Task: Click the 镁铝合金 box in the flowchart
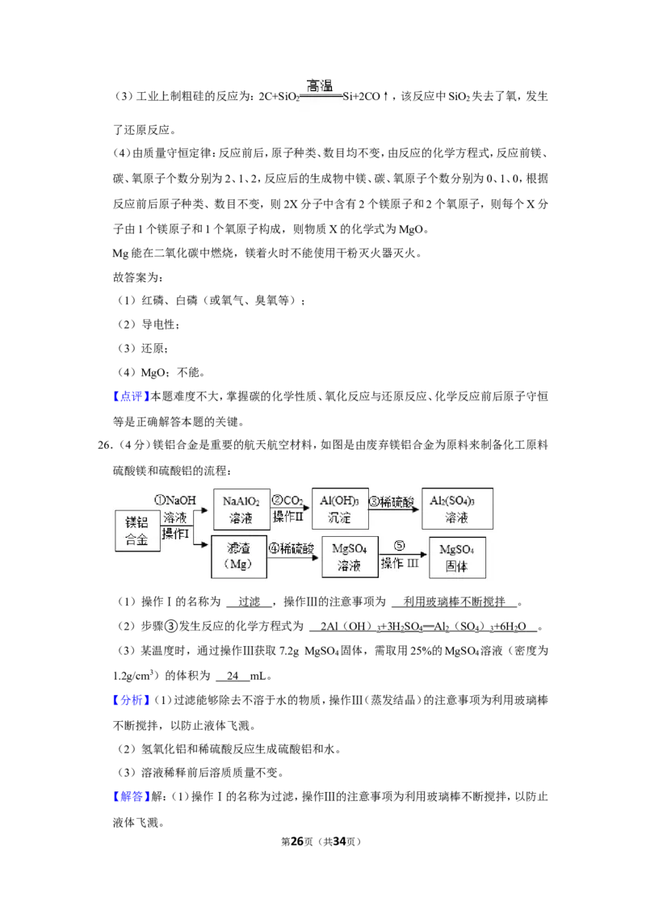coord(137,531)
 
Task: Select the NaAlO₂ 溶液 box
coord(241,509)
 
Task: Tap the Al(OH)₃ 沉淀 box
coord(340,509)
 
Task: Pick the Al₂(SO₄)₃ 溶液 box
coord(457,509)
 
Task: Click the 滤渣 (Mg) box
coord(239,556)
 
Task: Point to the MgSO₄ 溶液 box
coord(350,556)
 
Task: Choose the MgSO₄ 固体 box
coord(457,557)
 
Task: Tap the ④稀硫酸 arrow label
coord(292,548)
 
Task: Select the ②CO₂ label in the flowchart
coord(287,501)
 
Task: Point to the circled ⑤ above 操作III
coord(400,546)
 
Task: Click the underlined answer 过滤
coord(249,602)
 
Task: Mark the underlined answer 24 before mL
coord(233,676)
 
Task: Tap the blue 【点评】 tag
coord(131,397)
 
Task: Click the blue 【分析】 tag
coord(131,700)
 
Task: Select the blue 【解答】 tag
coord(131,796)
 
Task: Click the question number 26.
coord(104,446)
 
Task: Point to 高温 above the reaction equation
coord(320,86)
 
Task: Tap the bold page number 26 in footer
coord(297,841)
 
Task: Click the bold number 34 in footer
coord(339,841)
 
